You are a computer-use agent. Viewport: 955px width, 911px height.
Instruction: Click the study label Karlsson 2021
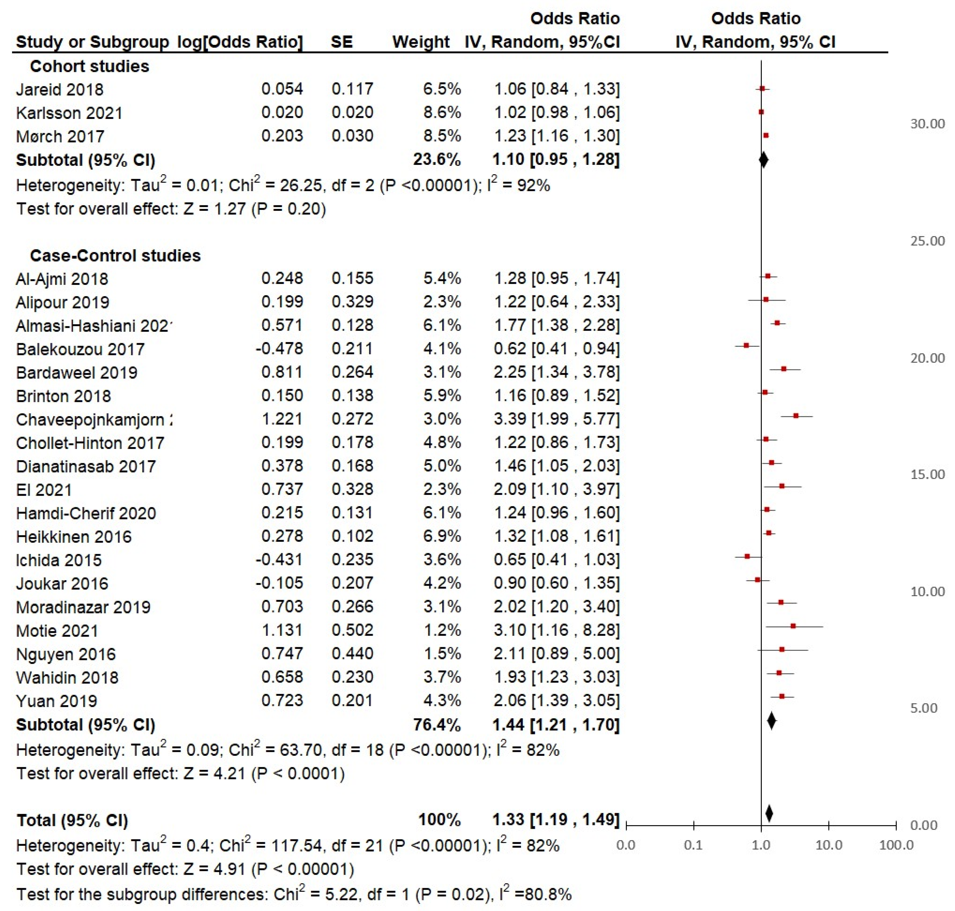point(69,113)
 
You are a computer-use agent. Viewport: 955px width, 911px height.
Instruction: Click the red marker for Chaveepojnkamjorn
point(796,416)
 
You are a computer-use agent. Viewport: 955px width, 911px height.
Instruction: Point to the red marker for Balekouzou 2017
point(746,345)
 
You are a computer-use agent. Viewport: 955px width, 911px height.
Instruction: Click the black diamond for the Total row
point(769,813)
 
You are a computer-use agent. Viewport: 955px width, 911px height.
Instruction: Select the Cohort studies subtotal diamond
point(763,160)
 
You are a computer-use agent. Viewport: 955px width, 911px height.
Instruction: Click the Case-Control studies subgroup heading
point(115,255)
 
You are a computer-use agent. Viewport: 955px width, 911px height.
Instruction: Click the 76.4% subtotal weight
point(436,725)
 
